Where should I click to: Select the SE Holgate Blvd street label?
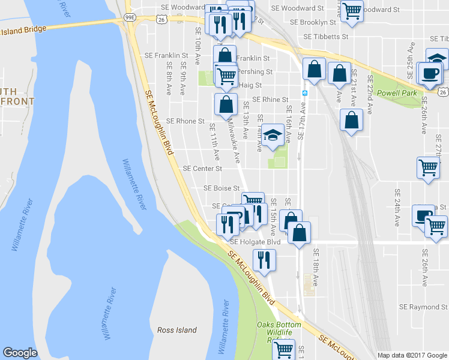pyautogui.click(x=256, y=242)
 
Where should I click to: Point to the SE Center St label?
pyautogui.click(x=202, y=169)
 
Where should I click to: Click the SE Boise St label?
pyautogui.click(x=221, y=188)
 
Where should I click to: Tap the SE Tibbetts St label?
pyautogui.click(x=326, y=37)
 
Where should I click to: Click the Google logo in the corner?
pyautogui.click(x=20, y=353)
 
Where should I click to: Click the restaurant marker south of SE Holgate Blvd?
pyautogui.click(x=264, y=259)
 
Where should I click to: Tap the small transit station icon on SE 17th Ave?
pyautogui.click(x=304, y=94)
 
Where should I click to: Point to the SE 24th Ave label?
pyautogui.click(x=397, y=208)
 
